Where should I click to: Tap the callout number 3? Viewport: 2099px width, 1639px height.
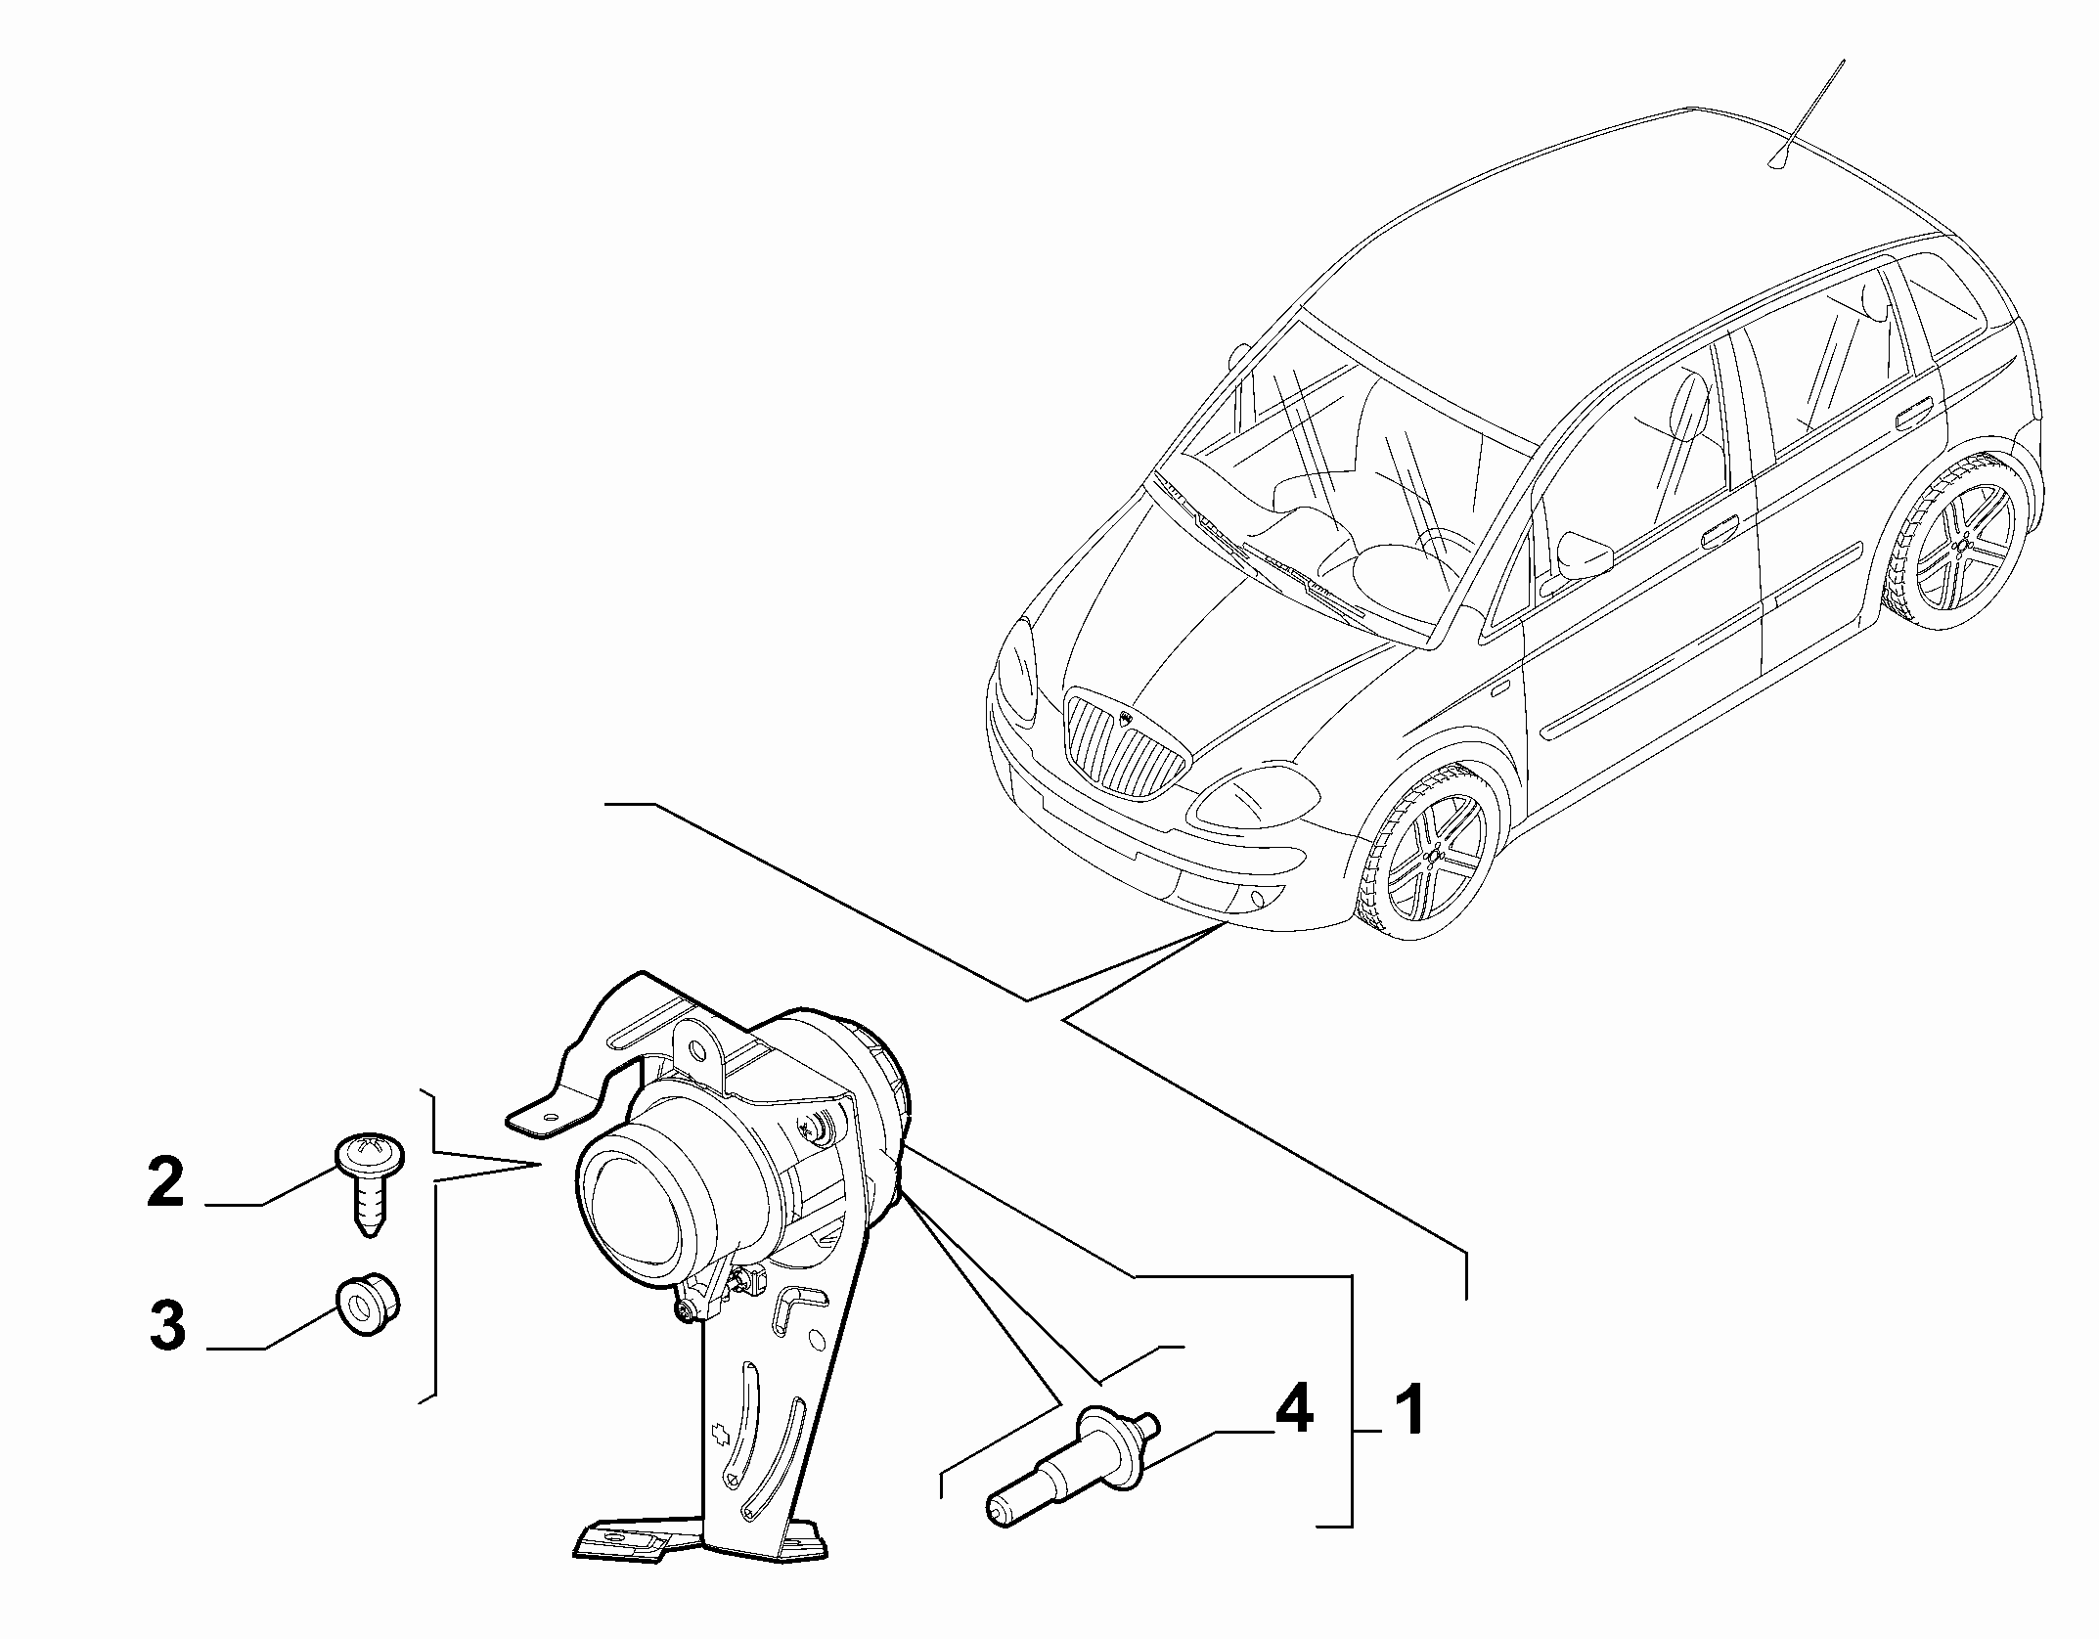[x=167, y=1327]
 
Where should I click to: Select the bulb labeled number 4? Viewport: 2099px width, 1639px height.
[x=1073, y=1466]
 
